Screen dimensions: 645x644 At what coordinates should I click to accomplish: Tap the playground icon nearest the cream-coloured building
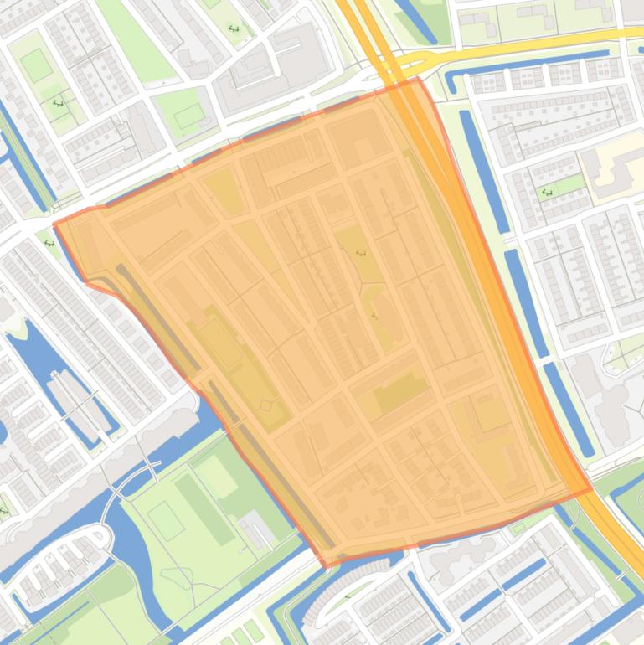point(548,193)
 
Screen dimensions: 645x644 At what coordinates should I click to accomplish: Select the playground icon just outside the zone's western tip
point(49,244)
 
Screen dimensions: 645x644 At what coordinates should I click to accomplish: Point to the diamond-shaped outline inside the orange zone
point(266,405)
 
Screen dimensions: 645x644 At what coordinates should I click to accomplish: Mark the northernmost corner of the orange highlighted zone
point(418,79)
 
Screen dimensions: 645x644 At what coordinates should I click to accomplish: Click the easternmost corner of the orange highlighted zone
point(591,488)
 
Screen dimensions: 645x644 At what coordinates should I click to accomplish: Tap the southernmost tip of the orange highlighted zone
point(325,566)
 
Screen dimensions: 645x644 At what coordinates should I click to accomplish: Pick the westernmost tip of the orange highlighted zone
point(54,224)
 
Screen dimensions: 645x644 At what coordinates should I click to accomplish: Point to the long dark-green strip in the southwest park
point(204,508)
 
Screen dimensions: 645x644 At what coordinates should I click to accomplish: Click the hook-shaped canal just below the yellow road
point(456,80)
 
